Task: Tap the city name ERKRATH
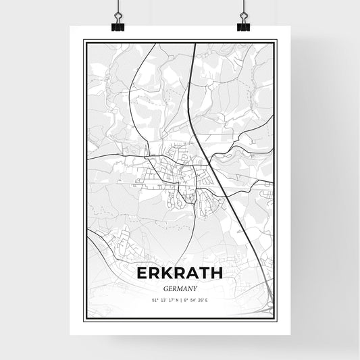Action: coord(179,273)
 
